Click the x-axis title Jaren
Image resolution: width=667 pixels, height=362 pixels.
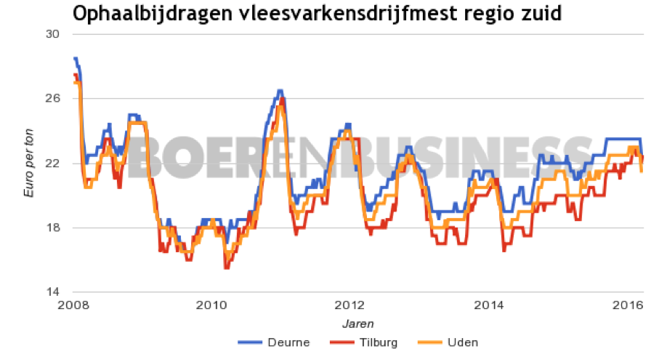pos(359,323)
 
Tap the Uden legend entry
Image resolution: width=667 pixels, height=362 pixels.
pos(447,342)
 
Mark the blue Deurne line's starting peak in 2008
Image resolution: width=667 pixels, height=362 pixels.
pos(75,58)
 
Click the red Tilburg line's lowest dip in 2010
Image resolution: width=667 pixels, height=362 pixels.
pos(226,268)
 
